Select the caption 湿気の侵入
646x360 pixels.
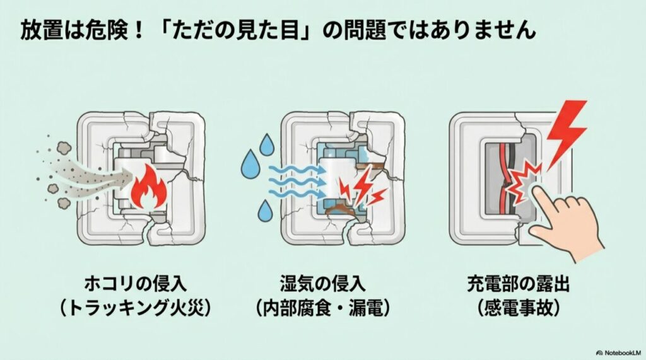[322, 284]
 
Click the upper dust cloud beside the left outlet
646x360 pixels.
[64, 148]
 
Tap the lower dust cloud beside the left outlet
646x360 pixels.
[65, 203]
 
